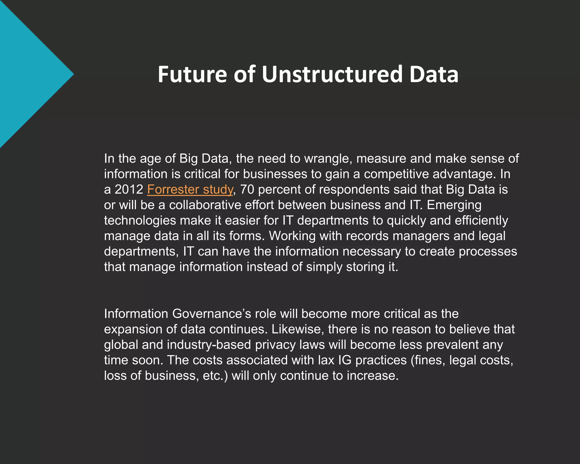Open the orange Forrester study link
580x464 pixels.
(190, 190)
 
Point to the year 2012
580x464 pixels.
(129, 190)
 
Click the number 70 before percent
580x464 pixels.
(247, 190)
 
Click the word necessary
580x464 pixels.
(372, 252)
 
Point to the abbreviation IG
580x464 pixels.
(345, 360)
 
